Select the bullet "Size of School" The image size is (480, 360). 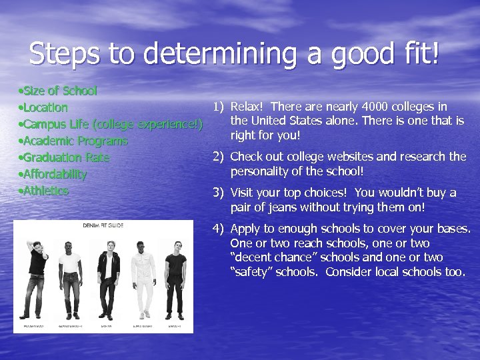60,91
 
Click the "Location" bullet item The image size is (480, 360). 45,107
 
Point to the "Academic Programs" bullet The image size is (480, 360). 75,141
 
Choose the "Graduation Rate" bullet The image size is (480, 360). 66,157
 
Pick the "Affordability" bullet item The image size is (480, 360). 55,174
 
